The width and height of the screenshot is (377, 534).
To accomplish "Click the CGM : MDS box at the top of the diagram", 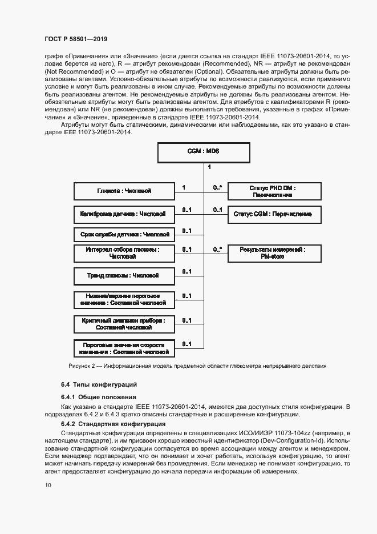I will coord(203,152).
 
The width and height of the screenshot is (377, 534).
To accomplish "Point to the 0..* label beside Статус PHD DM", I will coord(217,187).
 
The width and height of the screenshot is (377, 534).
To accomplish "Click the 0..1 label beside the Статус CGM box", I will coord(217,210).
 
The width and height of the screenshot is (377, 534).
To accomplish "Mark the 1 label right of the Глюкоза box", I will coord(183,187).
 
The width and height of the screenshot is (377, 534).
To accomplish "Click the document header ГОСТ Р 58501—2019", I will coord(76,39).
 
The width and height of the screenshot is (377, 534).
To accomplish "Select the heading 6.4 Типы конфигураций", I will coord(99,384).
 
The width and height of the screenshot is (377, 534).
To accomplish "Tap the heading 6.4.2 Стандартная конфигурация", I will coord(113,424).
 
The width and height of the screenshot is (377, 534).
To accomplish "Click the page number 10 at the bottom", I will coord(47,485).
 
